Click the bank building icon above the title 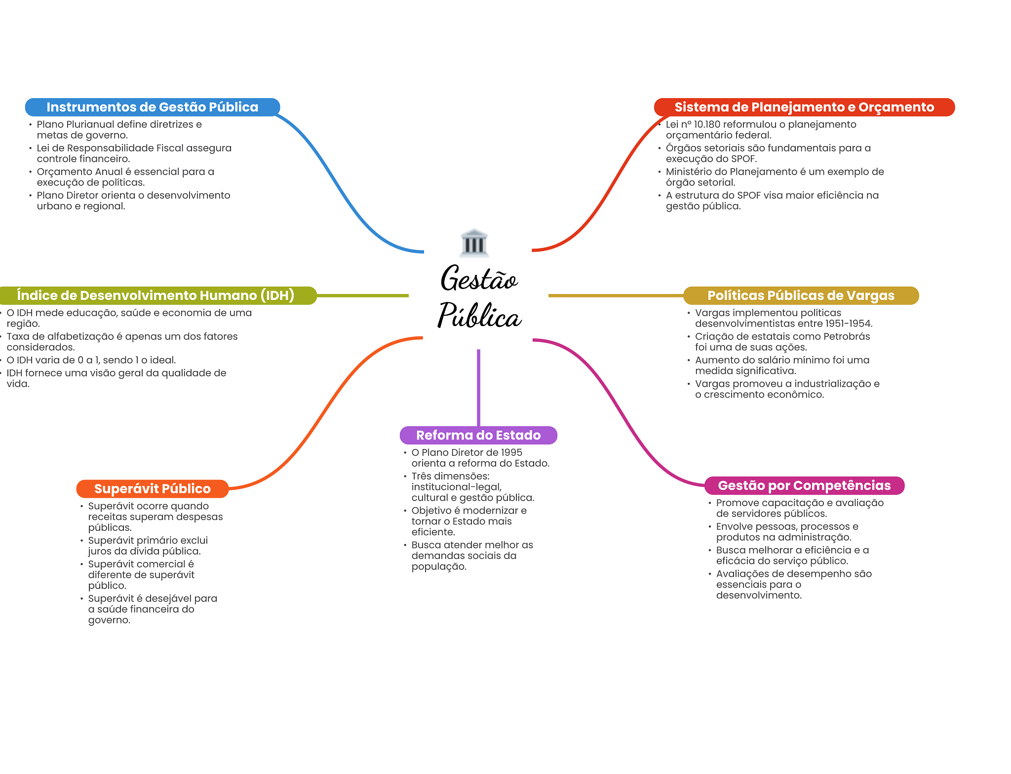coord(474,243)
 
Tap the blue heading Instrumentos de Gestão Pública coord(152,107)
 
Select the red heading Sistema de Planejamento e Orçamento coord(804,107)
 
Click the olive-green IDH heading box coord(156,295)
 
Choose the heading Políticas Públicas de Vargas coord(800,295)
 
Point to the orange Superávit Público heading coord(152,489)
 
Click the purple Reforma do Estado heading coord(478,435)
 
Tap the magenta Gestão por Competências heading coord(804,485)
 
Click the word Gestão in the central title coord(479,279)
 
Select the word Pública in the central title coord(479,316)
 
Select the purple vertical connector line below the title coord(478,387)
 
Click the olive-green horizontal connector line coord(363,295)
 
